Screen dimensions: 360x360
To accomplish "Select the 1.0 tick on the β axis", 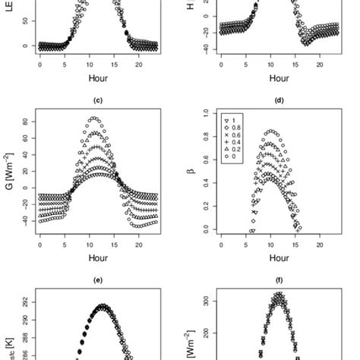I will pyautogui.click(x=206, y=113).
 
